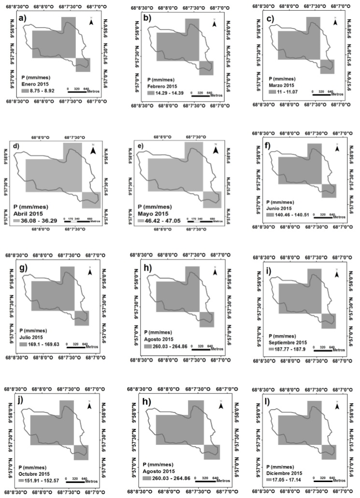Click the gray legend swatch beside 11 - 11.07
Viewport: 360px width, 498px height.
273,91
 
